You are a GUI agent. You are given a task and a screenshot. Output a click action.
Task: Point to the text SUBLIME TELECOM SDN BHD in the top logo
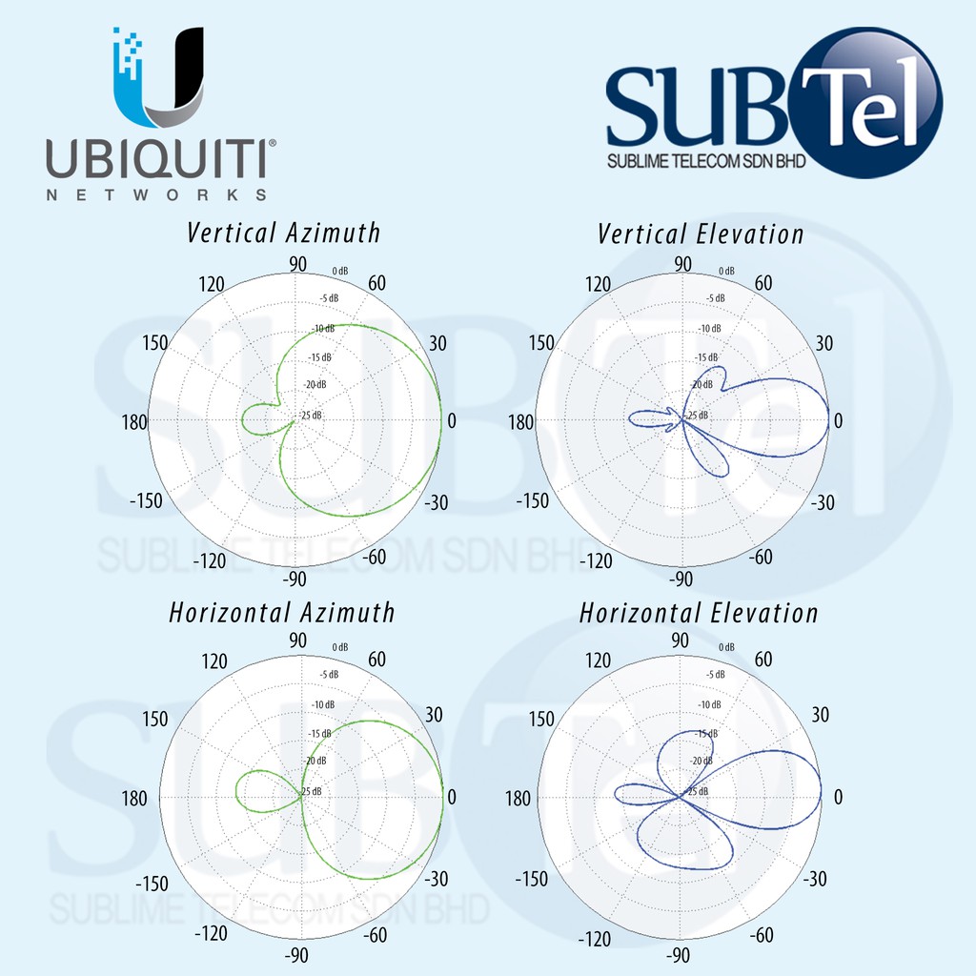pos(706,161)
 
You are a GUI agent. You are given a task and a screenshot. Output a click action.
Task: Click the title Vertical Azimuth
pos(284,233)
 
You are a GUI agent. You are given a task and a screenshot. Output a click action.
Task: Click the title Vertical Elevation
pos(701,234)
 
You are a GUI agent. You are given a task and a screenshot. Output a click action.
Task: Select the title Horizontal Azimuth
pos(282,612)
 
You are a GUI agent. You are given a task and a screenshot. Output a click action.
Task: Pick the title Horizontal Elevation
pos(699,613)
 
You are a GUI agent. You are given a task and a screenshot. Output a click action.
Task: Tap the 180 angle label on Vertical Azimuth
pos(134,420)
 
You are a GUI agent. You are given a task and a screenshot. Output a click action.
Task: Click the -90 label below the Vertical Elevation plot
pos(681,578)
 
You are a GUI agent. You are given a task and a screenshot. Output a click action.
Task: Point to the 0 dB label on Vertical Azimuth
pos(339,272)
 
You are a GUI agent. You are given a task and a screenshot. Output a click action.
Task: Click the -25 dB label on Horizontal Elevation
pos(699,791)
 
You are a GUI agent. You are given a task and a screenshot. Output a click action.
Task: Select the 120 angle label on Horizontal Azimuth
pos(215,661)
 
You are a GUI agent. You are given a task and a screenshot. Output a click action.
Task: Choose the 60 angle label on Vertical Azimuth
pos(376,283)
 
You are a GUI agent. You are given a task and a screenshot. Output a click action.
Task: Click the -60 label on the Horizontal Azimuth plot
pos(375,935)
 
